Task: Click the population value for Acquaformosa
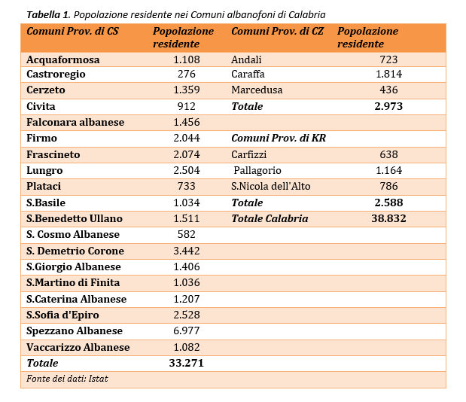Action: coord(187,59)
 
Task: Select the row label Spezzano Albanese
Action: coord(75,330)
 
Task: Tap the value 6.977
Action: coord(187,330)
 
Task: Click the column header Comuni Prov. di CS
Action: coord(72,31)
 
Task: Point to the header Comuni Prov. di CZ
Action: coord(277,31)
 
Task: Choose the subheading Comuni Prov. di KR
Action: coord(279,139)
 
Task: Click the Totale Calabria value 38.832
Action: coord(388,218)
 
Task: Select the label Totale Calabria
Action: coord(270,218)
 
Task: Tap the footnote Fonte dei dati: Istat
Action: coord(67,379)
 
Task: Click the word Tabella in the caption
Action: coord(44,14)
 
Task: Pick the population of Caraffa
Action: coord(388,74)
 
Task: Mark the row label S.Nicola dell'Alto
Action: coord(271,186)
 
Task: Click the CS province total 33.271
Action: coord(187,363)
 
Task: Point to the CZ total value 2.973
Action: coord(388,106)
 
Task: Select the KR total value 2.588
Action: coord(388,203)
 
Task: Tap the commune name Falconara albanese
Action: coord(75,122)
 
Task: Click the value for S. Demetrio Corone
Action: coord(187,251)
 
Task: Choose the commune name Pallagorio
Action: coord(257,171)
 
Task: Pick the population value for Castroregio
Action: coord(187,74)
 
